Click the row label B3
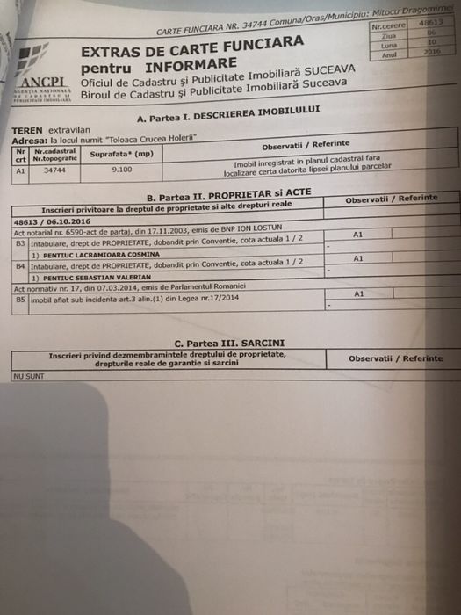point(20,244)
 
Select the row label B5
point(20,299)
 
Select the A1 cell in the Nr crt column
point(20,172)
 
